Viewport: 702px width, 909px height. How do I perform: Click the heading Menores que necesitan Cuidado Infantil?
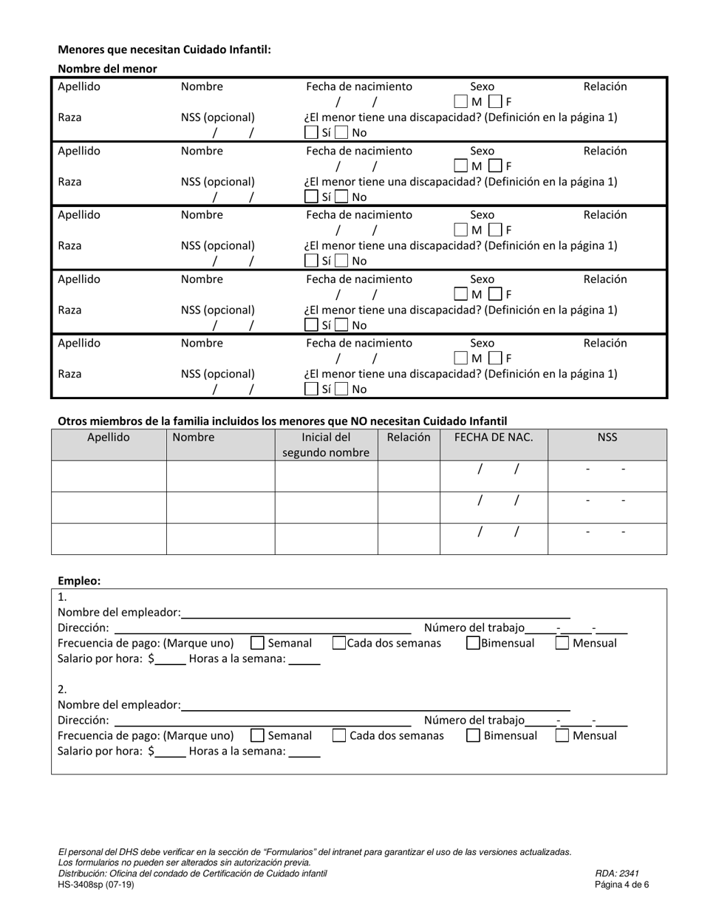[164, 50]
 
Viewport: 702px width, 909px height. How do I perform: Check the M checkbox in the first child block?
[460, 101]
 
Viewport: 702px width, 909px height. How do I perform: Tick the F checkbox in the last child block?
[495, 358]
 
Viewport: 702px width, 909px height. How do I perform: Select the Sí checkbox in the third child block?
[311, 261]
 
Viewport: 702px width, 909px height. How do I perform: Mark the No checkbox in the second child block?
[341, 197]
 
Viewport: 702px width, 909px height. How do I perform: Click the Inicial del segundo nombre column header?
[326, 445]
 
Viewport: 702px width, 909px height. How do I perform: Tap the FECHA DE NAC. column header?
[494, 437]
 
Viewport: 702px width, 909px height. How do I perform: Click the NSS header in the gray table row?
[607, 437]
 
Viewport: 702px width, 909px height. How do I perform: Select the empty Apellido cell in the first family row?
[109, 476]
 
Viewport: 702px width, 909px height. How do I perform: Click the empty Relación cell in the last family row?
[409, 539]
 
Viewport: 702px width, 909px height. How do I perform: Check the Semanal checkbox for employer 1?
[258, 643]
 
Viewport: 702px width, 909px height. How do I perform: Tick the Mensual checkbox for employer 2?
[562, 735]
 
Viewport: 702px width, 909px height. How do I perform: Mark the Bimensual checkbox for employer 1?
[473, 643]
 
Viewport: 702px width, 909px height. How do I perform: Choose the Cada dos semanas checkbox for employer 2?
[339, 735]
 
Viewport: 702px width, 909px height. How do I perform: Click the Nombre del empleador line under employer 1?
[375, 612]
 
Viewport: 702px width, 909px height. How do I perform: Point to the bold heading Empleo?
[79, 581]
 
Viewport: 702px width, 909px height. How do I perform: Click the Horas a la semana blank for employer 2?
[304, 752]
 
